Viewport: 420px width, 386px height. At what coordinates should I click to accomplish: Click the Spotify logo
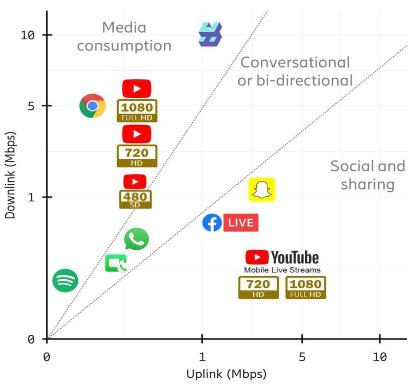pyautogui.click(x=65, y=281)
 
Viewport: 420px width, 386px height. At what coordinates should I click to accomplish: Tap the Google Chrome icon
pyautogui.click(x=92, y=106)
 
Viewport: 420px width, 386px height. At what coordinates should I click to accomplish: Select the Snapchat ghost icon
pyautogui.click(x=262, y=190)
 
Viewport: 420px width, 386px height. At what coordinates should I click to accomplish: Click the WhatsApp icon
pyautogui.click(x=137, y=239)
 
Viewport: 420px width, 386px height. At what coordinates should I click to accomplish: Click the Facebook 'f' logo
pyautogui.click(x=212, y=223)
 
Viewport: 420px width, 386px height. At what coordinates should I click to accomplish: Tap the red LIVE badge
pyautogui.click(x=241, y=223)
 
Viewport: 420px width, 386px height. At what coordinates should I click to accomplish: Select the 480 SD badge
pyautogui.click(x=135, y=199)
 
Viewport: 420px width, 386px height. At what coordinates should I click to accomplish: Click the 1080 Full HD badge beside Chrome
pyautogui.click(x=137, y=110)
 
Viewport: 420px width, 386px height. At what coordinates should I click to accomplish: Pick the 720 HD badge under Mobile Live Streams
pyautogui.click(x=258, y=287)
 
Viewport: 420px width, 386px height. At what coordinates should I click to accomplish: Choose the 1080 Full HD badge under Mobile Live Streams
pyautogui.click(x=306, y=287)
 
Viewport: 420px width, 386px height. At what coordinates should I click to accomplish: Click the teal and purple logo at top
pyautogui.click(x=210, y=34)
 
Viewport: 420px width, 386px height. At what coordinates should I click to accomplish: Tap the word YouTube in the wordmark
pyautogui.click(x=295, y=258)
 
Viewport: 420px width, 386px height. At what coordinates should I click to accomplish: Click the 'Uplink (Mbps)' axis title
pyautogui.click(x=226, y=374)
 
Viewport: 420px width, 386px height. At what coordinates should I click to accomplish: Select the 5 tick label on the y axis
pyautogui.click(x=37, y=106)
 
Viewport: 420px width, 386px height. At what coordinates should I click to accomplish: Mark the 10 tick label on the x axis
pyautogui.click(x=380, y=357)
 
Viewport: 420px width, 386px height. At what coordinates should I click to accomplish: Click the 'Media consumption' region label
pyautogui.click(x=124, y=37)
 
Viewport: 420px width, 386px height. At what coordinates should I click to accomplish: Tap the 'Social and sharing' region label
pyautogui.click(x=367, y=175)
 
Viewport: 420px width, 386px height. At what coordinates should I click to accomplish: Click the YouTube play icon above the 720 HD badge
pyautogui.click(x=137, y=134)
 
